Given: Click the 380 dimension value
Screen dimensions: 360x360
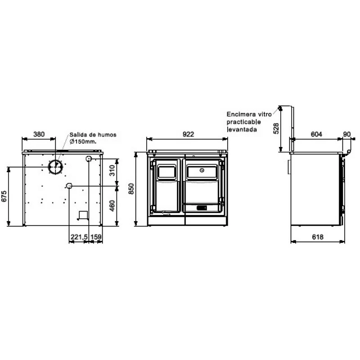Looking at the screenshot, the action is [x=39, y=134].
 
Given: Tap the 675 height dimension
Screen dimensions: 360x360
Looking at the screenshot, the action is [x=4, y=196].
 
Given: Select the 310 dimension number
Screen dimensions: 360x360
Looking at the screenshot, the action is [x=112, y=171].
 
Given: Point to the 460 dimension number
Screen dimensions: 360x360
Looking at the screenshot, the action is [x=112, y=206].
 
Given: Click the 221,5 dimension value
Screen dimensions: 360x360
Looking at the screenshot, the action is [x=79, y=237].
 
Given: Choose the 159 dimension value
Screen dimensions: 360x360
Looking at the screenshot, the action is [x=96, y=237].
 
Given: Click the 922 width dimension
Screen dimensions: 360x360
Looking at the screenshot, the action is [x=188, y=134].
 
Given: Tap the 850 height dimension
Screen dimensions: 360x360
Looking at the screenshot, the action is [x=131, y=189].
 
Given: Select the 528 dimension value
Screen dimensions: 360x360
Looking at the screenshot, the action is [x=276, y=128].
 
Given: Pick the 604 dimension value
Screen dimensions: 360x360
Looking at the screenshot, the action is [x=316, y=134].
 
